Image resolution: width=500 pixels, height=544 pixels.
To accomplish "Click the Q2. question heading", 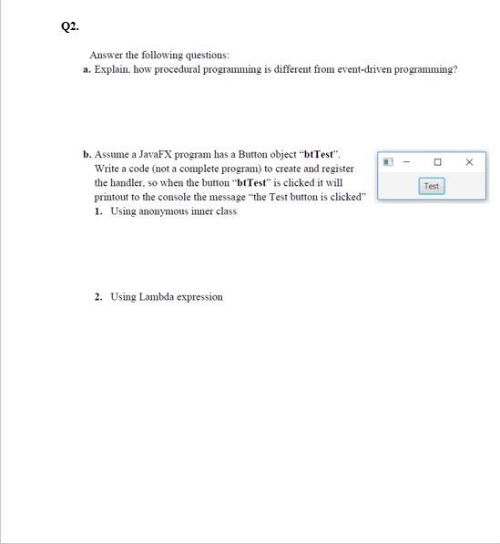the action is (69, 26).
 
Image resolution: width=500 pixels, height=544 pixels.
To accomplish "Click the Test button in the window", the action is (432, 186).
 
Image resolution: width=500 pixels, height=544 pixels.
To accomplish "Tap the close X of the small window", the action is (469, 162).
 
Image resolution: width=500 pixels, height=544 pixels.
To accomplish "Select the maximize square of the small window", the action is (438, 162).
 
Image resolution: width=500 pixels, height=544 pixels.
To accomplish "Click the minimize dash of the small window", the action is (407, 162).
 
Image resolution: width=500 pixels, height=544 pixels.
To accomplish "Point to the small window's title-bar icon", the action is (387, 162).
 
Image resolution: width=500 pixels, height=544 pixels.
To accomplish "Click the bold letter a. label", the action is (87, 70).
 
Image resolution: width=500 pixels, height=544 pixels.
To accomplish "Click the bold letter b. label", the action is (87, 154).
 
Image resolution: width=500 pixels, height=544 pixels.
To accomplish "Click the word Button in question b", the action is (250, 154).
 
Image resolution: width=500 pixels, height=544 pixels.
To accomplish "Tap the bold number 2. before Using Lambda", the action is (98, 296).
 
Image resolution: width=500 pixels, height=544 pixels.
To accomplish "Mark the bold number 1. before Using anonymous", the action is (98, 211).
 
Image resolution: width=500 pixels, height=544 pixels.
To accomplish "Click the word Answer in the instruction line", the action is (107, 56).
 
